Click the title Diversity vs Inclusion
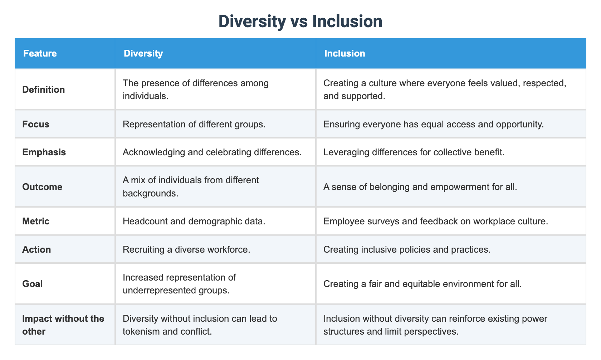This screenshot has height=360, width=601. click(x=300, y=21)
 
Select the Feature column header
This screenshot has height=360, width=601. click(x=40, y=53)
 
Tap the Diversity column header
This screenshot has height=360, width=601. click(x=143, y=53)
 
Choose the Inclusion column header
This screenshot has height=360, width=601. click(x=345, y=53)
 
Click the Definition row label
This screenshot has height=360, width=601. click(x=44, y=89)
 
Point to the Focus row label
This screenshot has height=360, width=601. click(x=36, y=124)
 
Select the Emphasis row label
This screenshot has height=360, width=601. click(x=44, y=152)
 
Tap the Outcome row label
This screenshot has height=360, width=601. click(x=42, y=187)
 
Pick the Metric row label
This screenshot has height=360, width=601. click(x=36, y=221)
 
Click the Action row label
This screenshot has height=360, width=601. click(x=36, y=249)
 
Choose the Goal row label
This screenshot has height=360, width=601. click(x=32, y=284)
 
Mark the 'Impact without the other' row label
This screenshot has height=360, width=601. click(x=63, y=325)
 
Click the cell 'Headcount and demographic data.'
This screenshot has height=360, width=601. click(x=194, y=221)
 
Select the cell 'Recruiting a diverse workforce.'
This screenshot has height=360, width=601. click(x=186, y=249)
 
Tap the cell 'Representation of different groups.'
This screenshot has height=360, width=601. click(x=194, y=124)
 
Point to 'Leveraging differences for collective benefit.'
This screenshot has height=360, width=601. click(x=414, y=152)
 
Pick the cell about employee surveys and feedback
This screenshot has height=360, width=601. click(x=435, y=221)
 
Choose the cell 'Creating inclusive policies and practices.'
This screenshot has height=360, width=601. click(x=407, y=249)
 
